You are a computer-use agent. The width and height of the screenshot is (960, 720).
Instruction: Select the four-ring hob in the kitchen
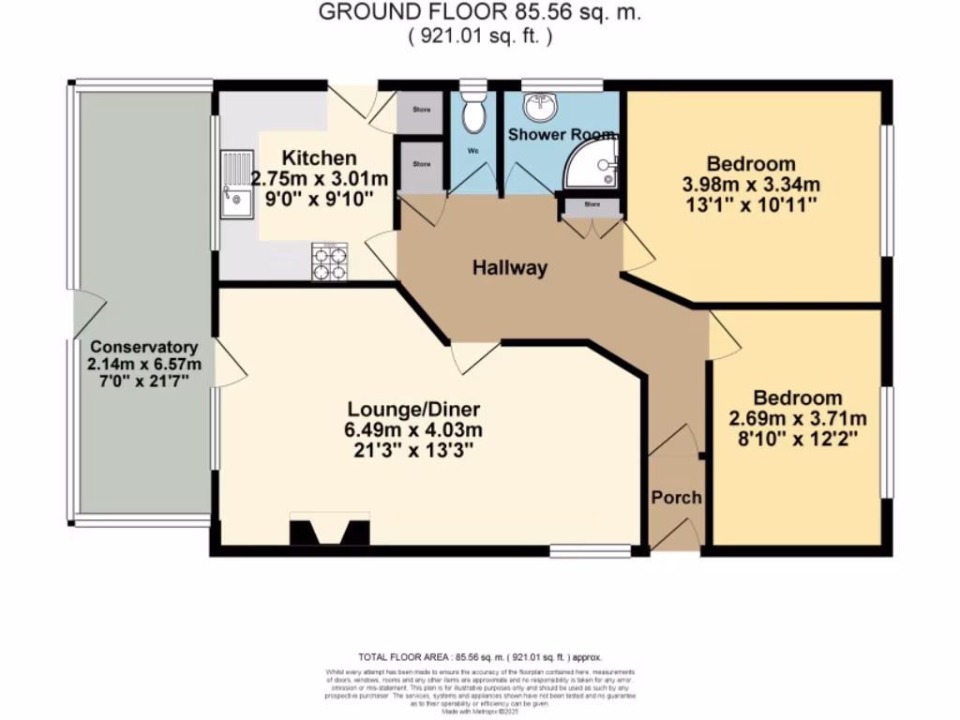(x=329, y=262)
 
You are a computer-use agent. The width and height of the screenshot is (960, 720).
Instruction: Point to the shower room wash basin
(x=539, y=108)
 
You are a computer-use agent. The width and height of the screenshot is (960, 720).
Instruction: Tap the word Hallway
(x=509, y=268)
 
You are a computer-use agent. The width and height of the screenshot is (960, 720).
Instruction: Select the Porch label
(x=676, y=497)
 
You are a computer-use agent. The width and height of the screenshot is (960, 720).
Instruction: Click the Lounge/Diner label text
(x=413, y=410)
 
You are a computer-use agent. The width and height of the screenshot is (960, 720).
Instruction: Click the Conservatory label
(x=143, y=346)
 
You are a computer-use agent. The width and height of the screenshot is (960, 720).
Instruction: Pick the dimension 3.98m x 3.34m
(x=751, y=184)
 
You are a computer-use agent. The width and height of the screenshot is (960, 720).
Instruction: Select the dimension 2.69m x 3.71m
(x=798, y=418)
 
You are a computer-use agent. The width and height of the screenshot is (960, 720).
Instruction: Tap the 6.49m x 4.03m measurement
(x=413, y=430)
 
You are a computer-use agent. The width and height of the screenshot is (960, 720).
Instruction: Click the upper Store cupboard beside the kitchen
(x=421, y=111)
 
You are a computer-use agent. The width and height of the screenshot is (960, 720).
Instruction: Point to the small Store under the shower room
(x=592, y=203)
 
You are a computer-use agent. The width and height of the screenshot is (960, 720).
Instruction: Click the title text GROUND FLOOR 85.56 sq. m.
(x=480, y=13)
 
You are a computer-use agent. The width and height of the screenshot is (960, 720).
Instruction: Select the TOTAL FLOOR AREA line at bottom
(x=480, y=657)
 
